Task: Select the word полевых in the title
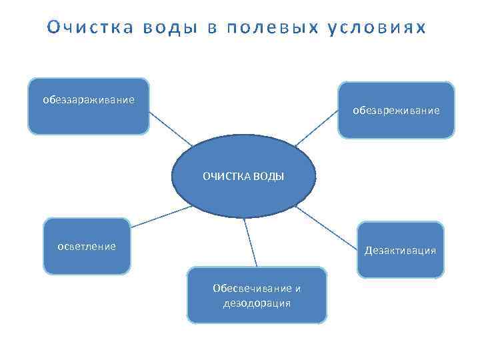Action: click(x=274, y=28)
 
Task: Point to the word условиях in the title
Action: click(x=376, y=28)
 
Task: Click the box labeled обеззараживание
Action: click(x=88, y=106)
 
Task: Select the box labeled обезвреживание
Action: click(x=396, y=110)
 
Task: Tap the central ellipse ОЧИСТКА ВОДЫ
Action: click(x=243, y=177)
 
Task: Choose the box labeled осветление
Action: click(x=87, y=246)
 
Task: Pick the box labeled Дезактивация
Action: click(x=400, y=250)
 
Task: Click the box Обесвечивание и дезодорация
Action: click(x=257, y=295)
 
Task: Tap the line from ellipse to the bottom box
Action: click(x=251, y=243)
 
